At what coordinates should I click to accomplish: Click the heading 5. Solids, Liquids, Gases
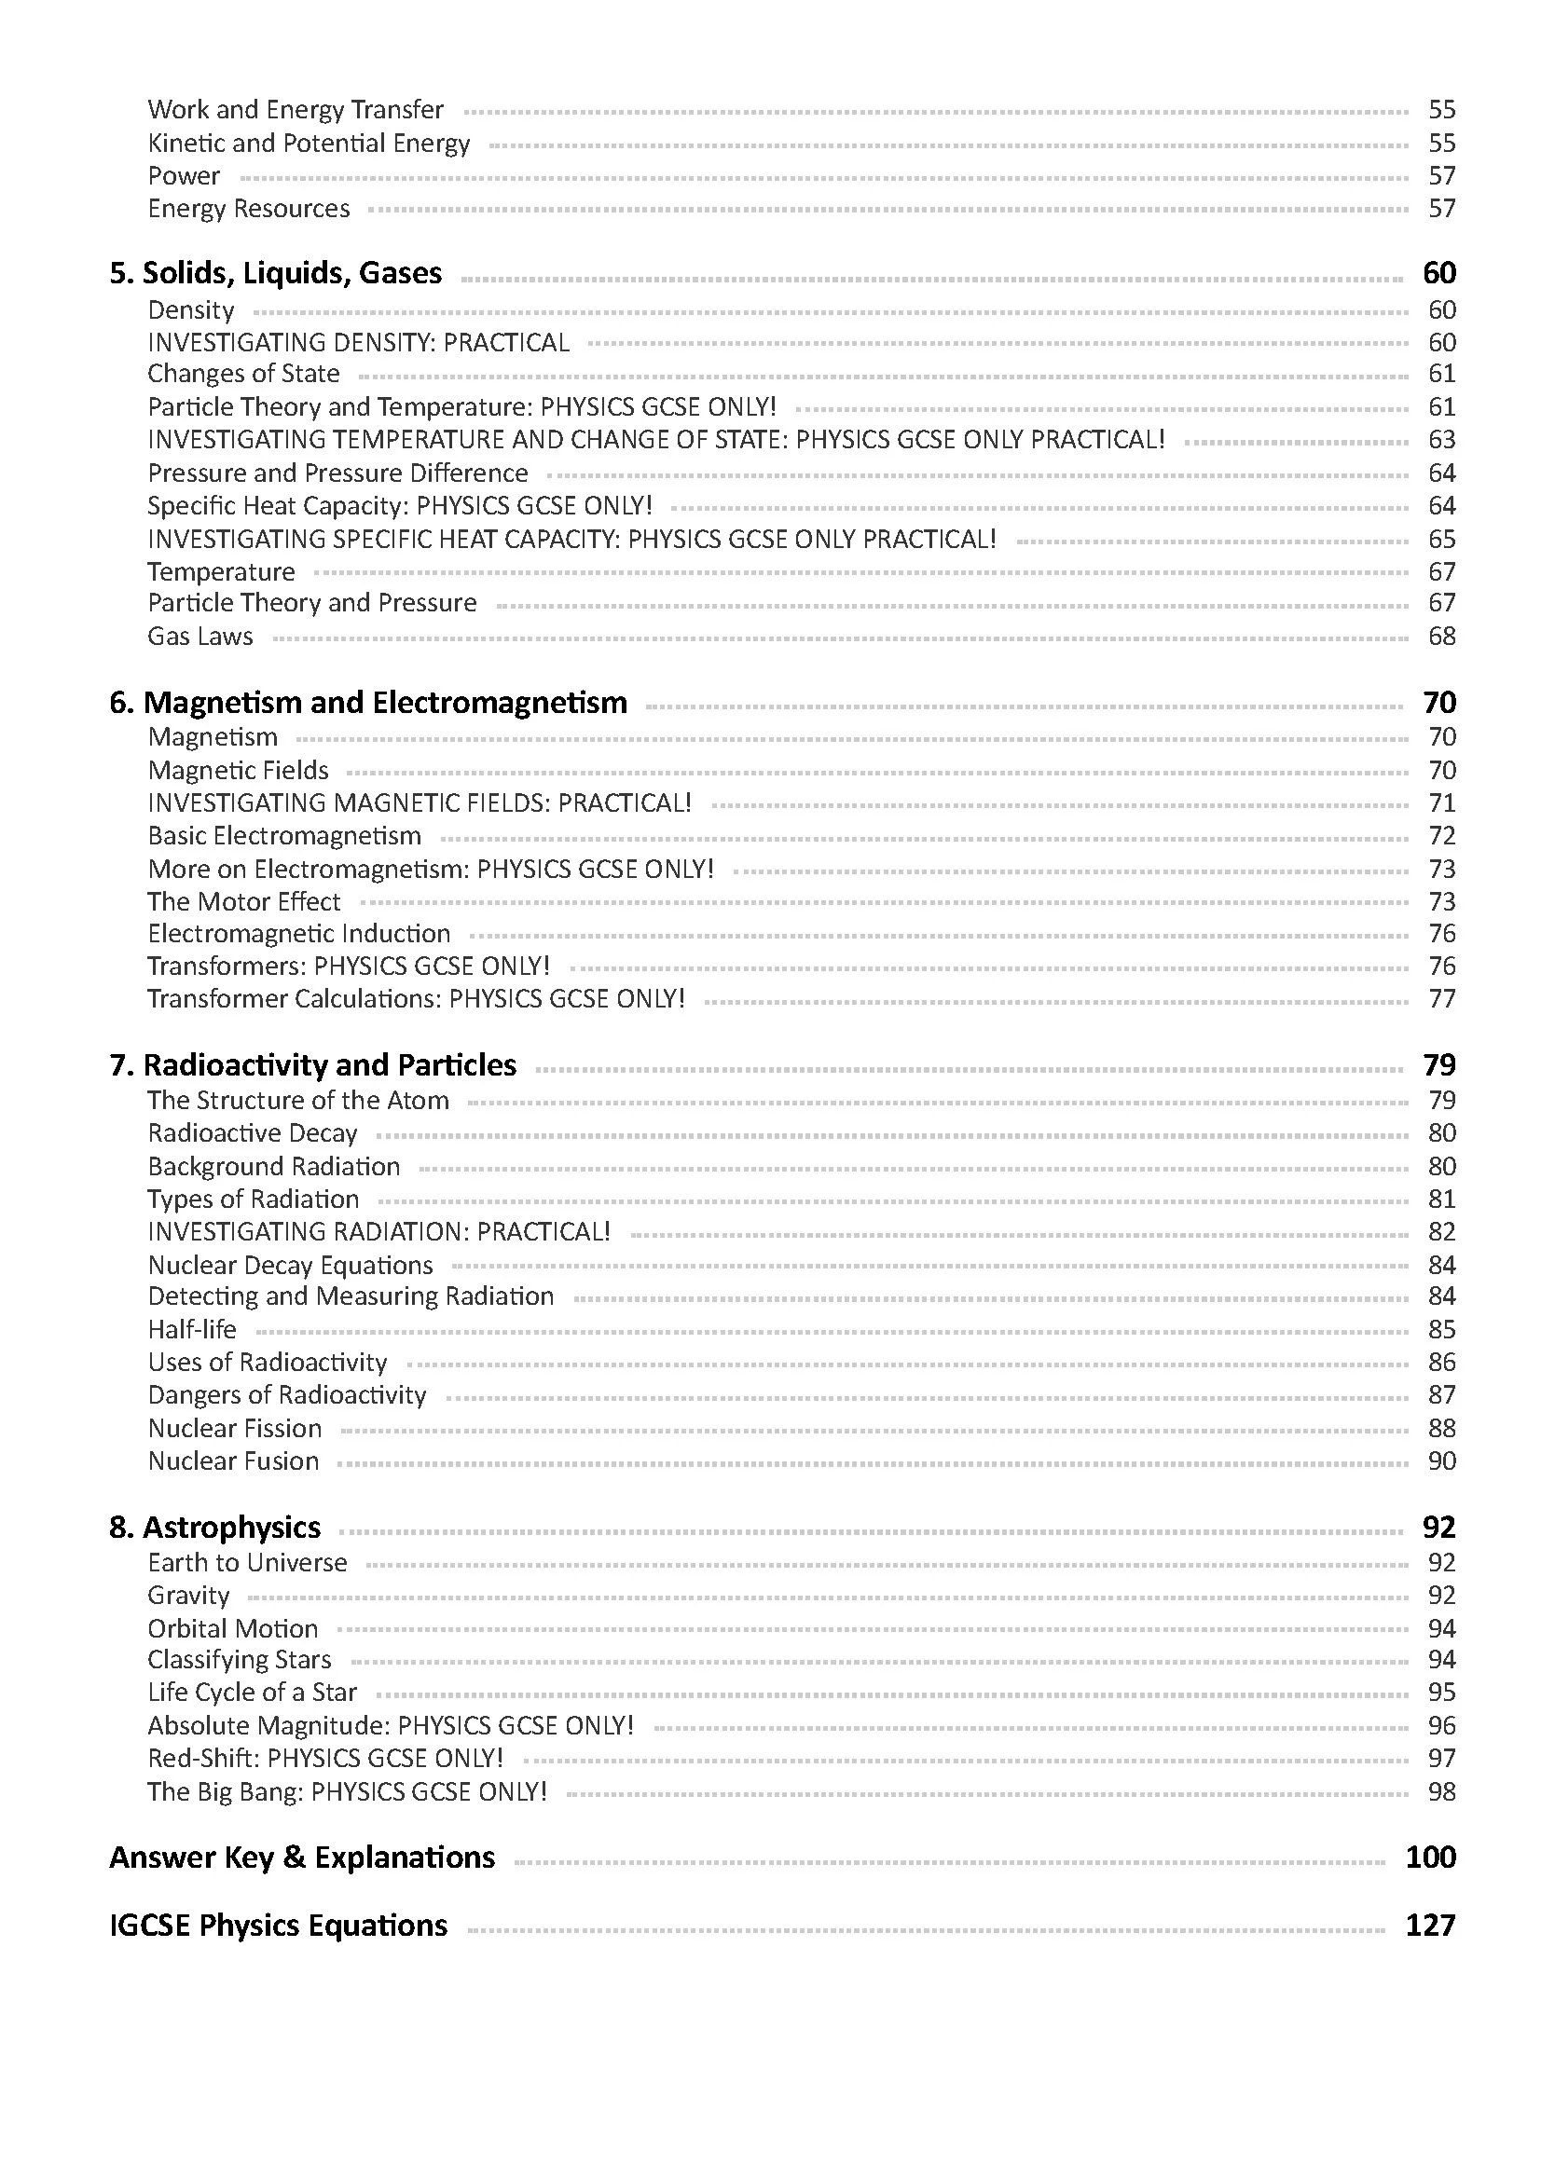pos(275,273)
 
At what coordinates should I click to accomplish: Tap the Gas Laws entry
pos(200,637)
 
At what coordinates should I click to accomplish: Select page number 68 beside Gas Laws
pos(1440,637)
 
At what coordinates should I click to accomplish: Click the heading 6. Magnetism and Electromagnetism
pos(368,703)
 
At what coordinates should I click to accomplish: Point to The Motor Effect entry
pos(244,901)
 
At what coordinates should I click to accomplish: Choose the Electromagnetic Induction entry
pos(299,933)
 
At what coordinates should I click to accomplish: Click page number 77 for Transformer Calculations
pos(1440,999)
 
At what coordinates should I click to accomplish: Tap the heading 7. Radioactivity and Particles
pos(313,1065)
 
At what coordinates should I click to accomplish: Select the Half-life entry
pos(192,1329)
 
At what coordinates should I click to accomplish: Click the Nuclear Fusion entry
pos(234,1460)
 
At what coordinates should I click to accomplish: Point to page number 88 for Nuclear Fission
pos(1440,1428)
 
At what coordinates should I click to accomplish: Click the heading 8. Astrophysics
pos(215,1527)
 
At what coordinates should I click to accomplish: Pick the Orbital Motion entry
pos(233,1628)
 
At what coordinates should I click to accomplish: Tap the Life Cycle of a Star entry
pos(253,1692)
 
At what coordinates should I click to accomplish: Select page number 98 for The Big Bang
pos(1440,1791)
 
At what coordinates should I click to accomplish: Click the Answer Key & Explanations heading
pos(302,1858)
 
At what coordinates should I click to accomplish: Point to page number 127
pos(1430,1926)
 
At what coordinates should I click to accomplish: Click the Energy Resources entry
pos(249,209)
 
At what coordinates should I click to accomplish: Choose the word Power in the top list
pos(185,175)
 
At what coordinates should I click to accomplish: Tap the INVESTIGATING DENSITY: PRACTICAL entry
pos(359,342)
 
